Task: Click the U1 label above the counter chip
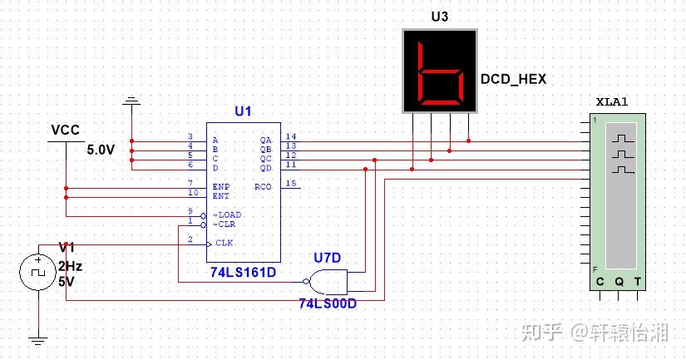(x=244, y=111)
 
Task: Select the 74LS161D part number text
(x=244, y=272)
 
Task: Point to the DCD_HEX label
(x=514, y=79)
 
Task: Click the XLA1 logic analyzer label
(x=612, y=101)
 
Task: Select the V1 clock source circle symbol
(x=37, y=272)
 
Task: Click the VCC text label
(x=65, y=131)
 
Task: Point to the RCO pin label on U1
(x=264, y=187)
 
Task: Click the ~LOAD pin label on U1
(x=227, y=215)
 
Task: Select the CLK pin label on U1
(x=225, y=243)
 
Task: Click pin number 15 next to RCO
(x=291, y=183)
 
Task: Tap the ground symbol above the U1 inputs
(x=131, y=103)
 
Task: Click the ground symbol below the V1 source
(x=37, y=339)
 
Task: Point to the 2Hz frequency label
(x=70, y=266)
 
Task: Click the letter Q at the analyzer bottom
(x=619, y=282)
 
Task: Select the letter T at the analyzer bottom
(x=638, y=282)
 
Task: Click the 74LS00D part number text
(x=328, y=303)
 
